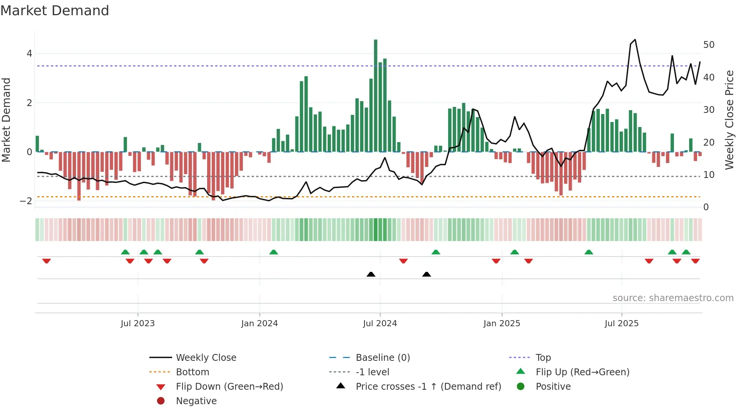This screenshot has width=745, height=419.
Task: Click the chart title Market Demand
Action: pyautogui.click(x=55, y=11)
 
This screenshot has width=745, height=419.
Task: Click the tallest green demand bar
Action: pyautogui.click(x=376, y=95)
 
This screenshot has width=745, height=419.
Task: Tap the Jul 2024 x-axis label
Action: pyautogui.click(x=380, y=324)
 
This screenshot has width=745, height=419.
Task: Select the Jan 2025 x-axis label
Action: pyautogui.click(x=501, y=324)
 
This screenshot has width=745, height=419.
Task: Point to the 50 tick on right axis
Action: pyautogui.click(x=709, y=45)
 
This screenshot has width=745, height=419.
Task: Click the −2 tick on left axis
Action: pyautogui.click(x=26, y=201)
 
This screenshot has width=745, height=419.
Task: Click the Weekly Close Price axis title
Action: pyautogui.click(x=729, y=120)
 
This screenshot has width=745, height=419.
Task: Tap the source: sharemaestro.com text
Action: pyautogui.click(x=673, y=298)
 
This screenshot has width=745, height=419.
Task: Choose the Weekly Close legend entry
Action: pyautogui.click(x=206, y=358)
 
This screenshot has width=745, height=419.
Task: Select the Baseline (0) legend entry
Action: pyautogui.click(x=382, y=358)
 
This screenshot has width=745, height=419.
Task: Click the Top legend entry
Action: pyautogui.click(x=543, y=358)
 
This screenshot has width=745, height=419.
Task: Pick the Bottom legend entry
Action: pyautogui.click(x=192, y=372)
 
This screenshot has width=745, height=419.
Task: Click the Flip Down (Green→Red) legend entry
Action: pyautogui.click(x=229, y=387)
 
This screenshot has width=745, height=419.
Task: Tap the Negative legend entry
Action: pyautogui.click(x=196, y=401)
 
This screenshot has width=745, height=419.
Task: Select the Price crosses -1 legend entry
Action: pyautogui.click(x=428, y=387)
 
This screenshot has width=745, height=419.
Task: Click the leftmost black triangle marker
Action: pyautogui.click(x=371, y=274)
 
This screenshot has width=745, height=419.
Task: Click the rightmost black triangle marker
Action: pyautogui.click(x=426, y=274)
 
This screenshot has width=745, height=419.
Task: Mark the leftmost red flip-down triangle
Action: pyautogui.click(x=46, y=261)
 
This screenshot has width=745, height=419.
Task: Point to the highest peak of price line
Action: pyautogui.click(x=635, y=40)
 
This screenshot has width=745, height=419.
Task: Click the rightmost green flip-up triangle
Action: pyautogui.click(x=686, y=252)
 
